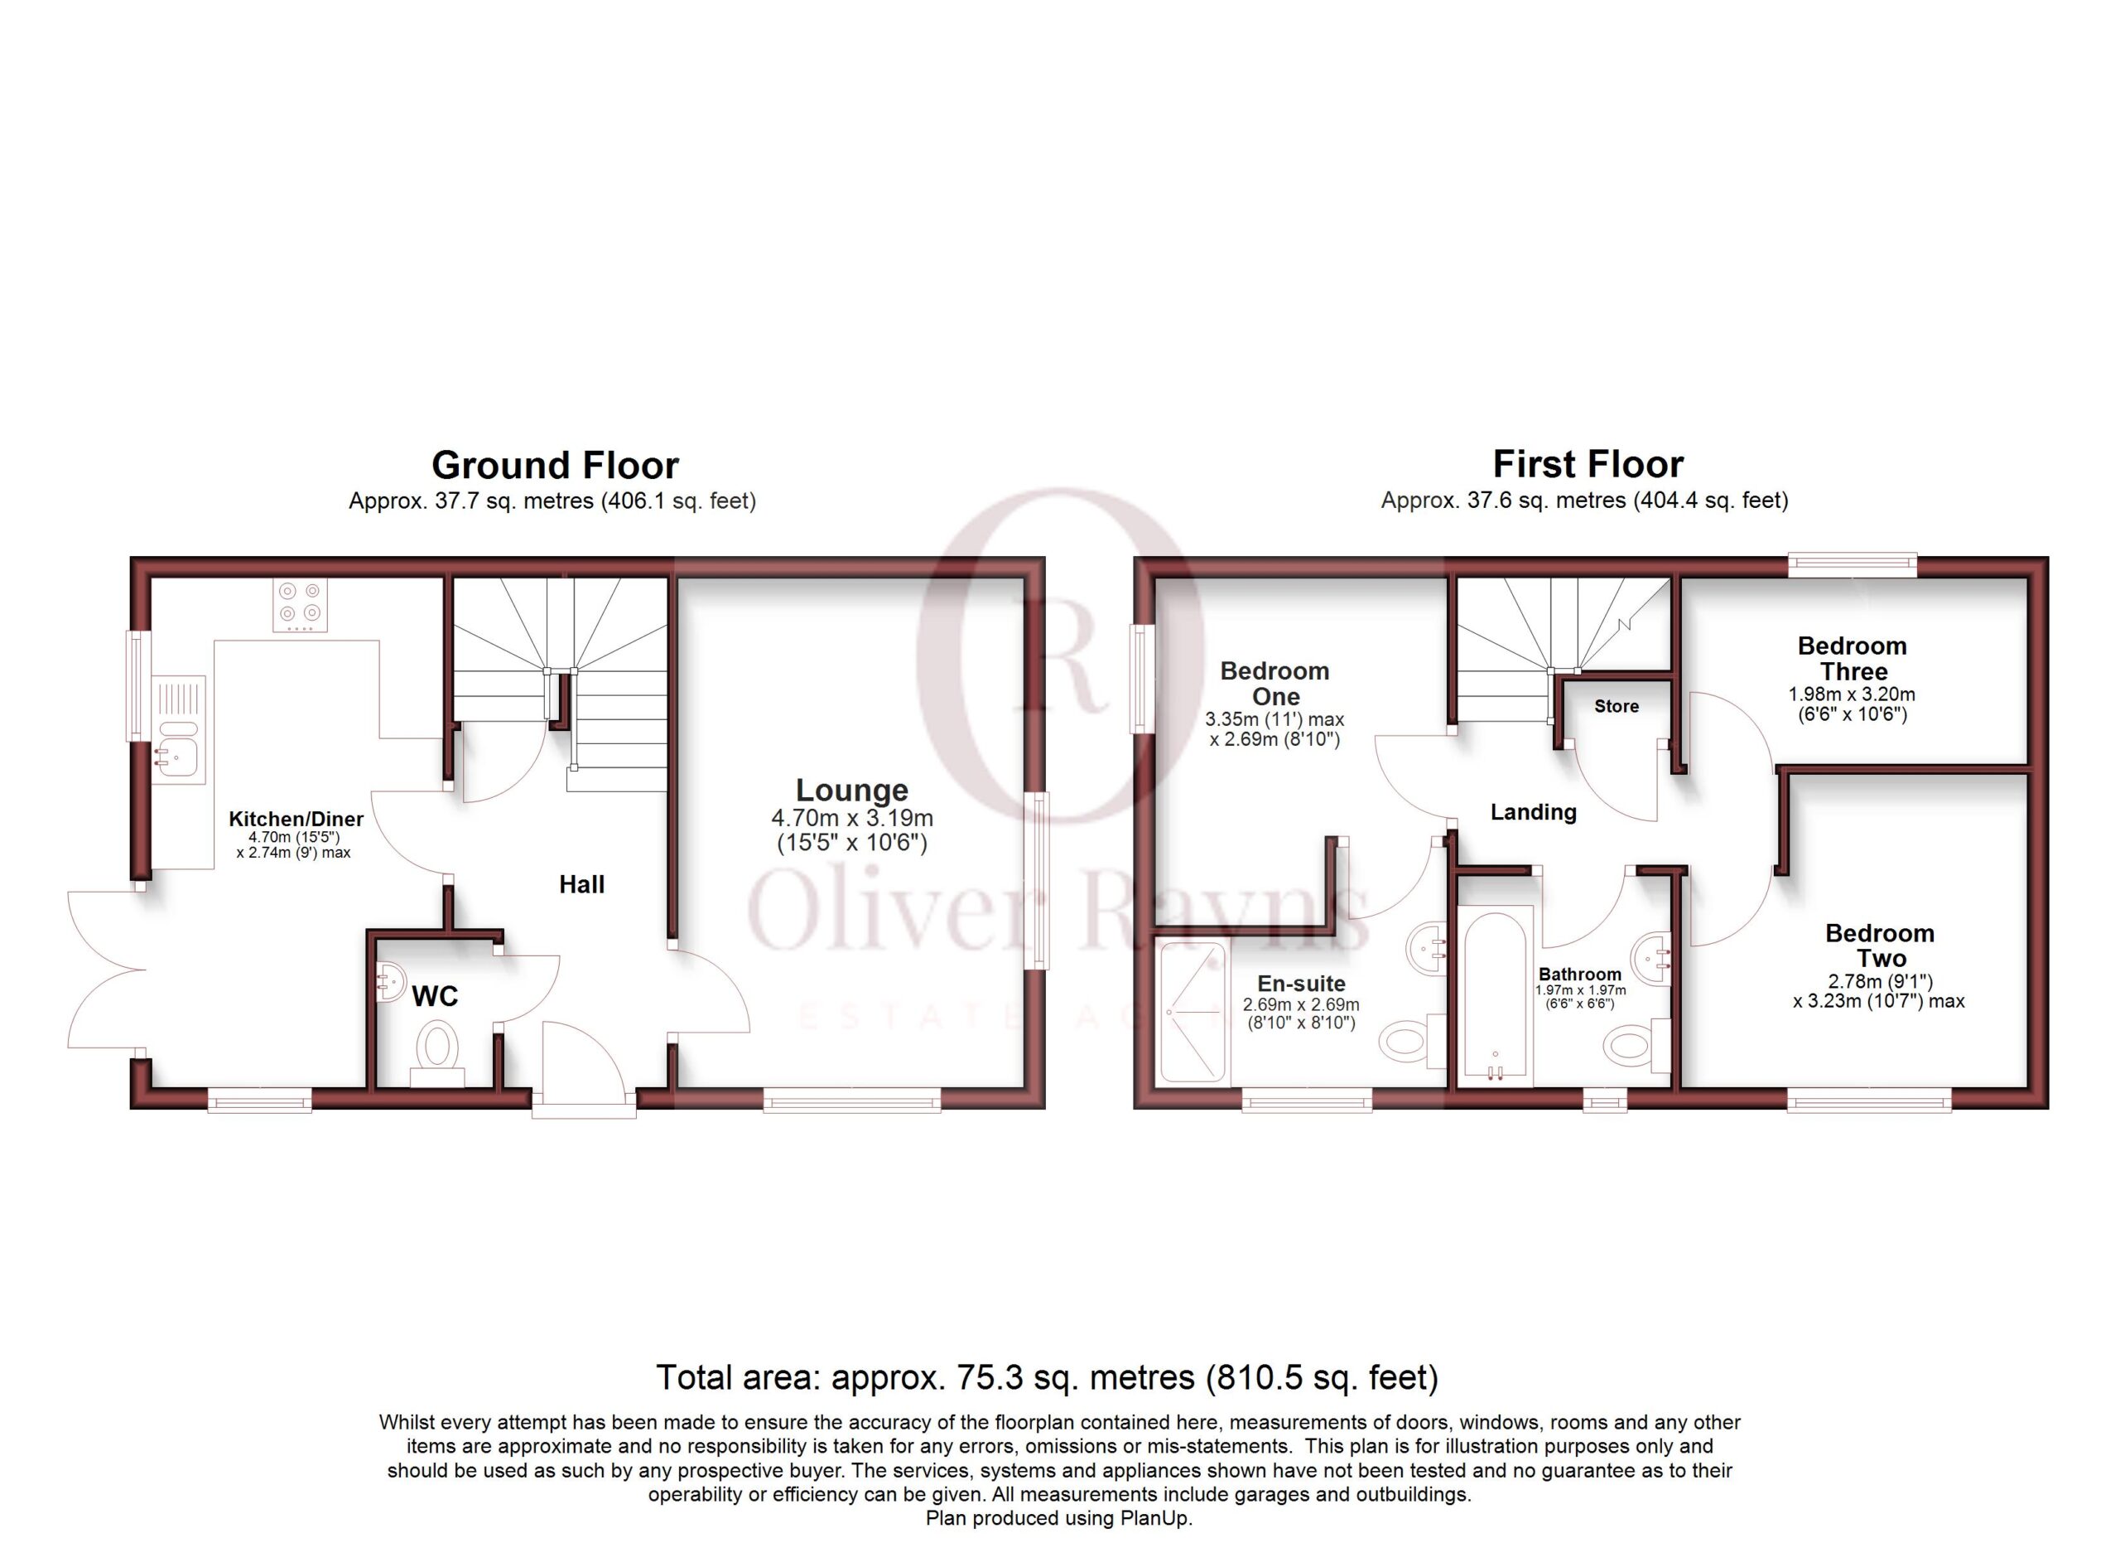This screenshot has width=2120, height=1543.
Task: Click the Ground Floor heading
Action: pyautogui.click(x=555, y=465)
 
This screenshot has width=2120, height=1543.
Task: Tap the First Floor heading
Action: pyautogui.click(x=1588, y=464)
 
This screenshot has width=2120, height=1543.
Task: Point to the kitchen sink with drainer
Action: pyautogui.click(x=179, y=729)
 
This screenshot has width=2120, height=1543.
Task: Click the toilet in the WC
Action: pyautogui.click(x=436, y=1053)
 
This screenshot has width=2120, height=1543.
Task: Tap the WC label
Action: pyautogui.click(x=435, y=996)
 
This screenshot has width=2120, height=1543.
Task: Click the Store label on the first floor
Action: pyautogui.click(x=1616, y=706)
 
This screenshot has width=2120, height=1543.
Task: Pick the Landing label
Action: pyautogui.click(x=1533, y=812)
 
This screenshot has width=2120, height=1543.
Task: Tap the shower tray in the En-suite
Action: pyautogui.click(x=1192, y=1012)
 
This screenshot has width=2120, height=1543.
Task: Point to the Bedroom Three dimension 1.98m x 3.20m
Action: pyautogui.click(x=1852, y=694)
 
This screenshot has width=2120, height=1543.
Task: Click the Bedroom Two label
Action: pyautogui.click(x=1880, y=946)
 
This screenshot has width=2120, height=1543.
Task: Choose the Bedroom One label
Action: pyautogui.click(x=1275, y=684)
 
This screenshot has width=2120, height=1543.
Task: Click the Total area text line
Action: pyautogui.click(x=1047, y=1377)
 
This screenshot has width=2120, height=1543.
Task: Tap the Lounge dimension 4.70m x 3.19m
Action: pyautogui.click(x=851, y=818)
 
